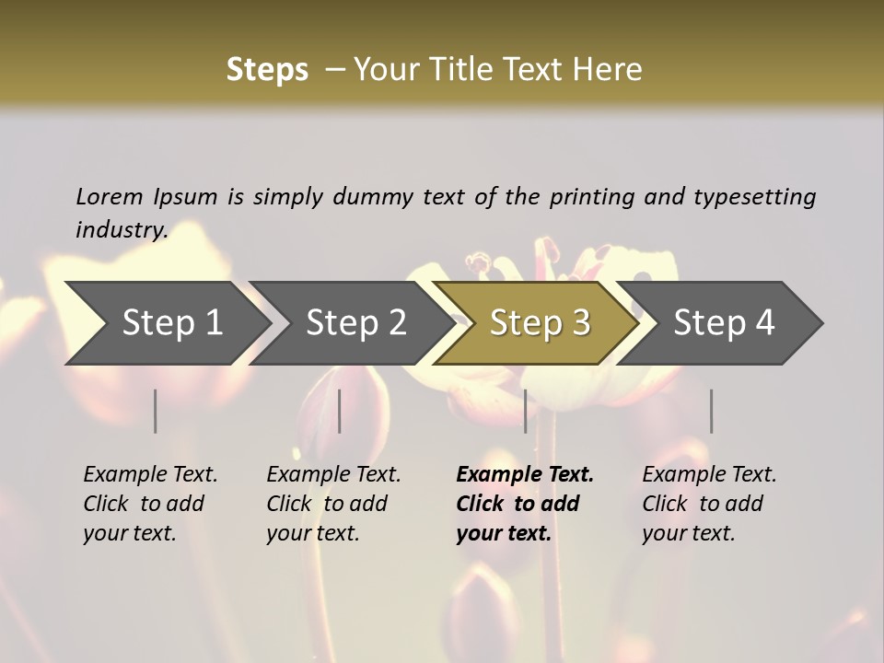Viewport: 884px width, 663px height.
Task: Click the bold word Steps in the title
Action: [267, 70]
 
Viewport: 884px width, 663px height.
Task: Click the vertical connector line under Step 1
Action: [156, 411]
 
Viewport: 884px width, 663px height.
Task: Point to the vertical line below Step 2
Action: [340, 411]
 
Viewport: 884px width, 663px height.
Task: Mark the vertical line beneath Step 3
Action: [526, 411]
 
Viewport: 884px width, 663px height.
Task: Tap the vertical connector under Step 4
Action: [711, 411]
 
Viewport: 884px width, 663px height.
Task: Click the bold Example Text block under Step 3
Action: [524, 504]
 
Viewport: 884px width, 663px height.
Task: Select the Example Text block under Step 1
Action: [150, 504]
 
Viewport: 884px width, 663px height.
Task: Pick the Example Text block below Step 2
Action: [333, 504]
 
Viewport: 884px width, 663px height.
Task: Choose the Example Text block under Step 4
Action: [709, 504]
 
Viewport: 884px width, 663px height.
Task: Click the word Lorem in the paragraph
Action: [110, 196]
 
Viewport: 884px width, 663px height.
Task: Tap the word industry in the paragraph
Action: [121, 230]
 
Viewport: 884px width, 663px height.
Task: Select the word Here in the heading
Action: [610, 70]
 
